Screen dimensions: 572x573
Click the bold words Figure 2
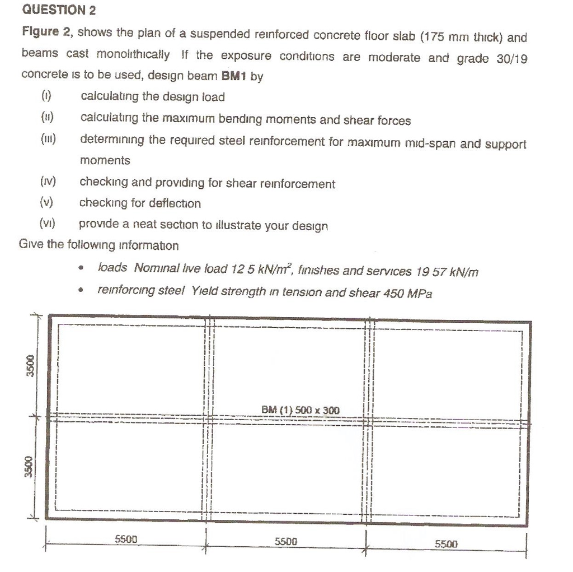point(45,32)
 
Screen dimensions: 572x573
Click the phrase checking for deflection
point(140,203)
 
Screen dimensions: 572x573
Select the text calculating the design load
point(152,97)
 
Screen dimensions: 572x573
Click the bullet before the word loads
point(82,270)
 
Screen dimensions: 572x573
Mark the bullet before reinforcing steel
point(82,291)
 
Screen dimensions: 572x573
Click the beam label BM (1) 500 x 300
point(300,410)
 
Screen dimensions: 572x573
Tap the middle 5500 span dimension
point(286,541)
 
